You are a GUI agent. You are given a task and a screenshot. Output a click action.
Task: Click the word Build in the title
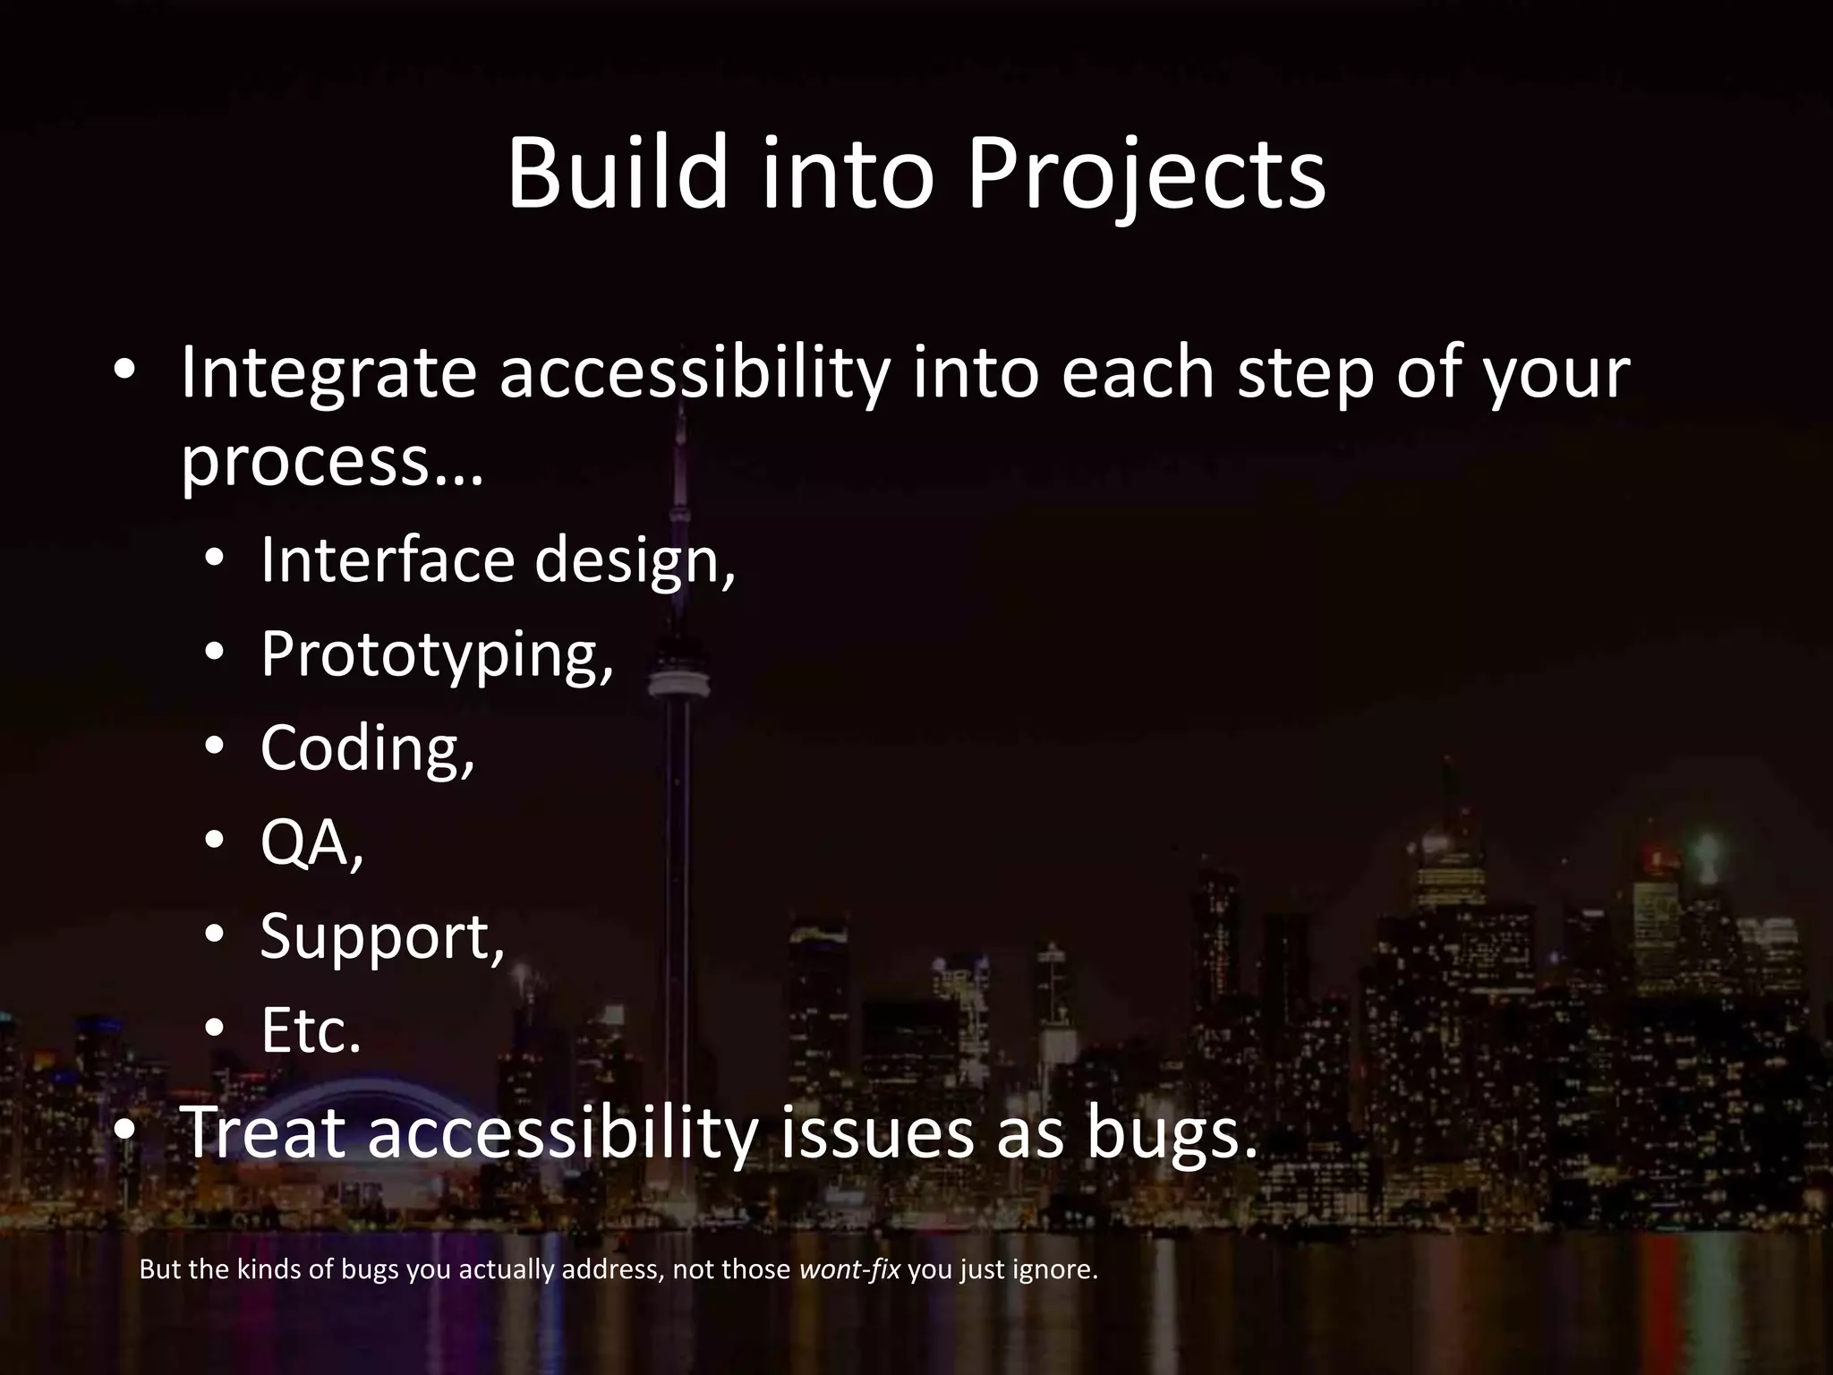coord(618,175)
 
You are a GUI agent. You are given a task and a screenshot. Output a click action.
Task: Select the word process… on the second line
coord(331,463)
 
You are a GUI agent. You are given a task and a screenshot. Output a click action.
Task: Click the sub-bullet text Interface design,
coord(498,559)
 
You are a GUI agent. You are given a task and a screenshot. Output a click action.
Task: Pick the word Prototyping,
coord(437,654)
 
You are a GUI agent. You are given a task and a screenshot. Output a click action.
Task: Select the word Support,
coord(382,937)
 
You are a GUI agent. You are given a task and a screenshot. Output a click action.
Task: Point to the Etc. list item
coord(311,1031)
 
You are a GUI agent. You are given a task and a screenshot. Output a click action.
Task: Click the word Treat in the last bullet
coord(263,1132)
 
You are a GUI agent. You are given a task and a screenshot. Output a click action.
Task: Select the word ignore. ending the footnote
coord(1055,1269)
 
